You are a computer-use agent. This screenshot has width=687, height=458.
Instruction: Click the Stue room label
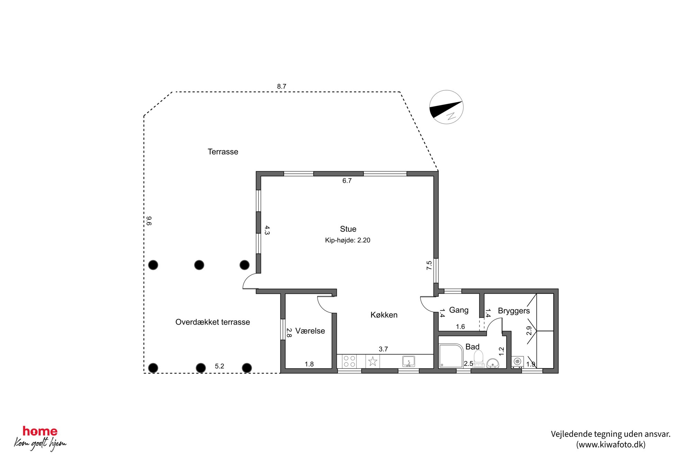(348, 229)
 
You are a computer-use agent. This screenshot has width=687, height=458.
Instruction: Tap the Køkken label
(384, 315)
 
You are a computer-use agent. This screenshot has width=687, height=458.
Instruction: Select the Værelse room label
(310, 331)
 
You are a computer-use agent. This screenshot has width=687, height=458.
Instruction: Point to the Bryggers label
(514, 311)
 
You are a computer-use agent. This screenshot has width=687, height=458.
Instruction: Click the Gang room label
(458, 310)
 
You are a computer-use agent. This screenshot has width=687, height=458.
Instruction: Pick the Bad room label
(472, 347)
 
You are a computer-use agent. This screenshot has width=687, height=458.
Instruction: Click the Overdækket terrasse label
(213, 322)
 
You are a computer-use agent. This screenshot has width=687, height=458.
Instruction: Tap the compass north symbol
(446, 107)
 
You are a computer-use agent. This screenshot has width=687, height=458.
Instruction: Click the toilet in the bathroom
(479, 358)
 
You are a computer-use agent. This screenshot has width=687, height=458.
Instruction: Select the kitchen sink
(409, 361)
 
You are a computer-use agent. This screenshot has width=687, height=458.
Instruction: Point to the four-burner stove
(349, 361)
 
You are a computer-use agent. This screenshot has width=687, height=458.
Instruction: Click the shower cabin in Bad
(451, 356)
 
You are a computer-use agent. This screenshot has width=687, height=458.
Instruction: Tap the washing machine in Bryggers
(517, 362)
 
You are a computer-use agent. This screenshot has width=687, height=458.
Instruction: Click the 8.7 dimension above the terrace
(282, 86)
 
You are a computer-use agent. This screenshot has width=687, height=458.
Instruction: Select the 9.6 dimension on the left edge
(149, 221)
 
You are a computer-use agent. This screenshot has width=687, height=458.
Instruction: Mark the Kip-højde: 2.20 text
(348, 240)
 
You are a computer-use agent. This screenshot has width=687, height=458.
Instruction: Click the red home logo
(40, 431)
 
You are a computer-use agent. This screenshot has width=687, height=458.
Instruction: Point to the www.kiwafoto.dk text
(610, 444)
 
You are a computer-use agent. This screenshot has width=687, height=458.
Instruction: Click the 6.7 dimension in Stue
(347, 181)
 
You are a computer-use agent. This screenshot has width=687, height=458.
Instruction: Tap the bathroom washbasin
(493, 363)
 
